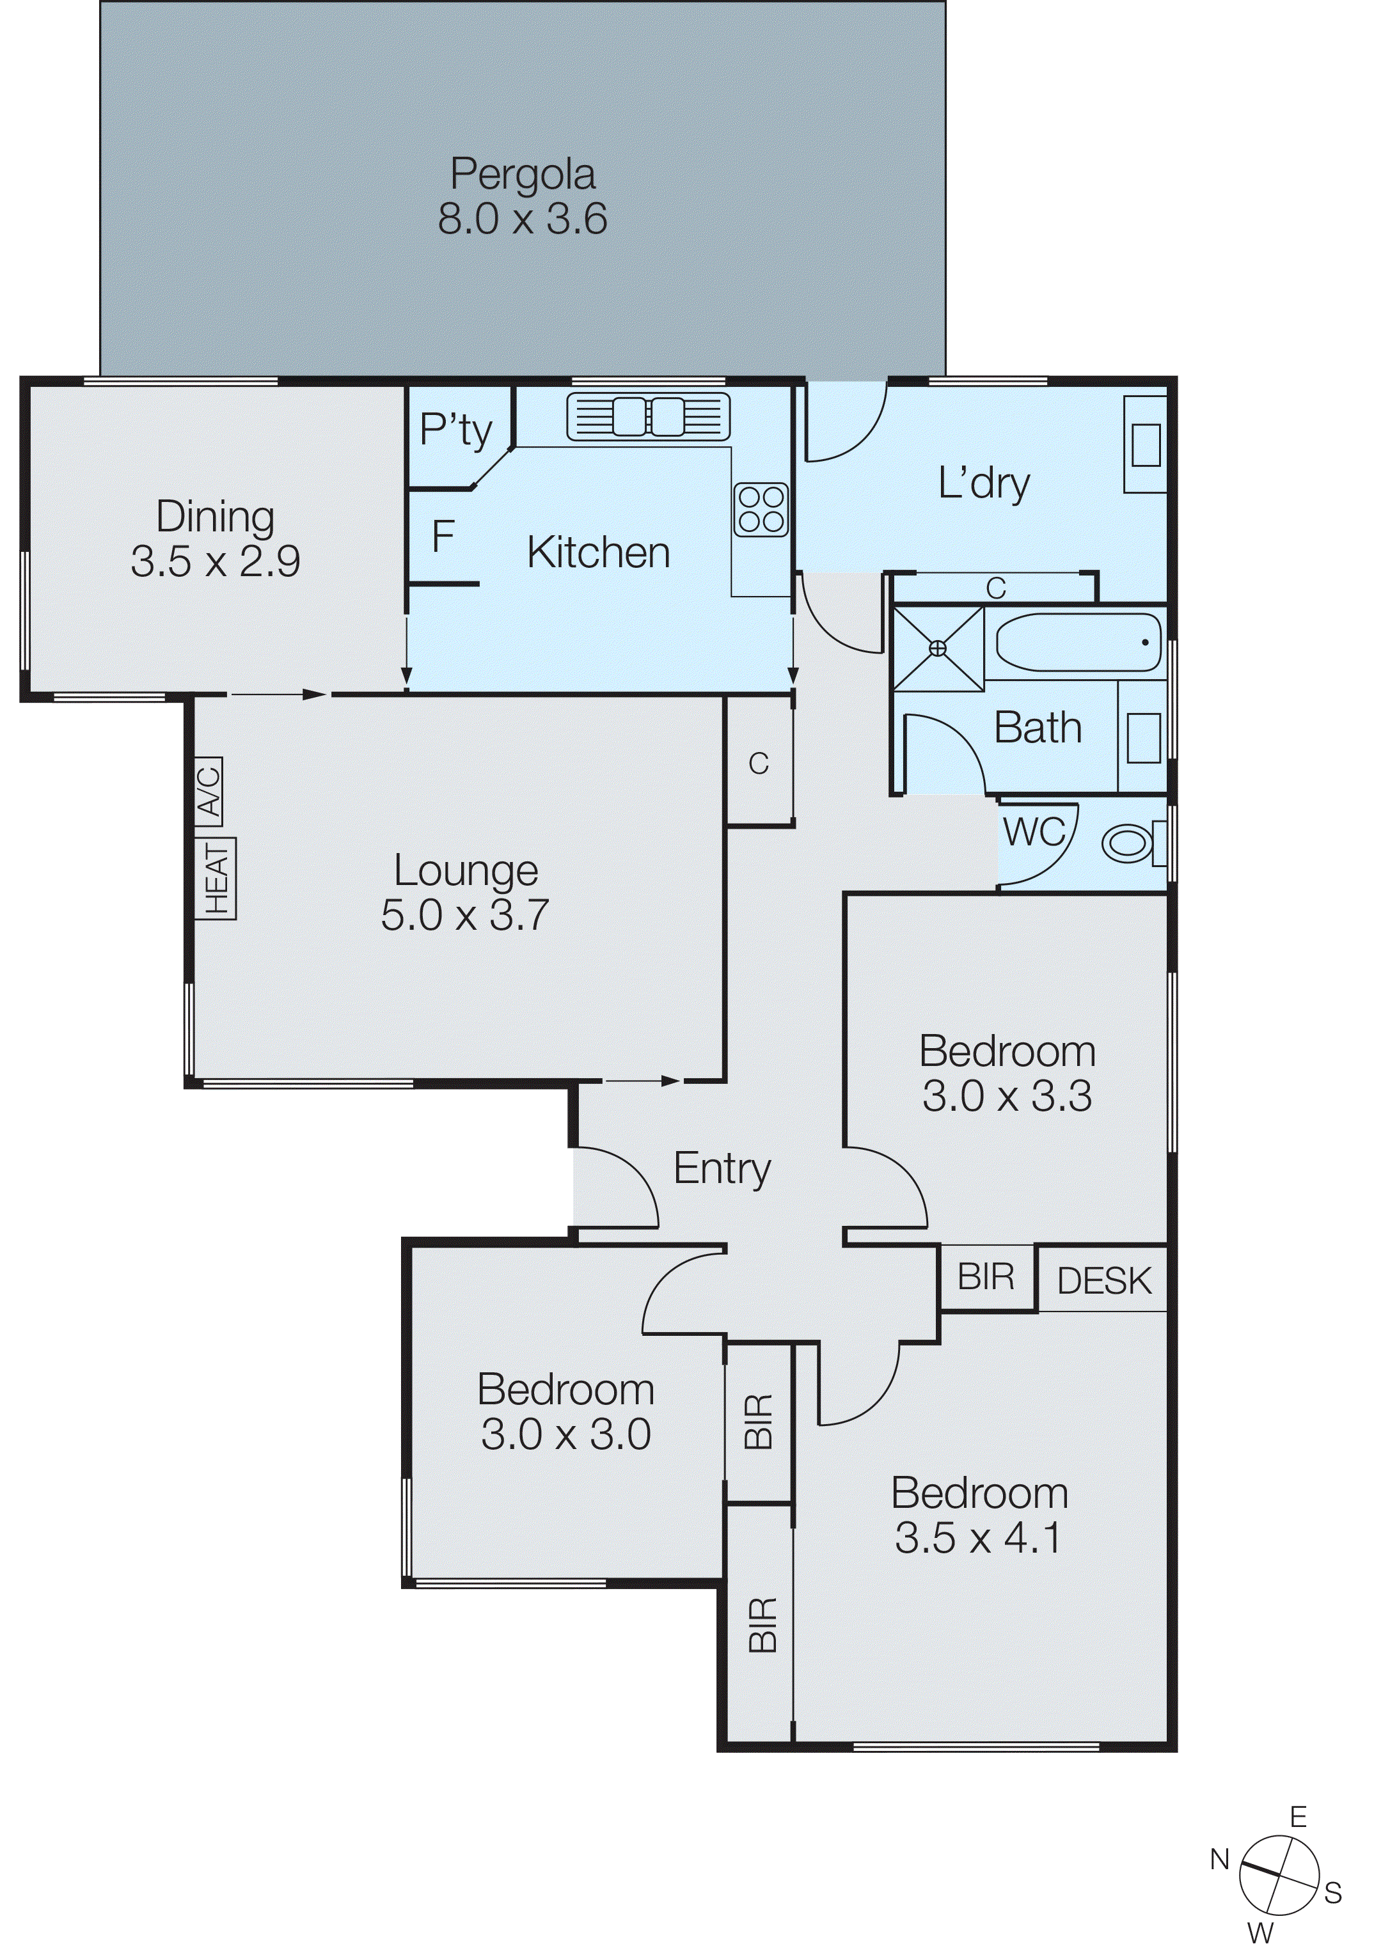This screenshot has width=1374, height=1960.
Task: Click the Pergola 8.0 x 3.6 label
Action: click(522, 196)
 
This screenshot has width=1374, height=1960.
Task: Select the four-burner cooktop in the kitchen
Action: click(761, 510)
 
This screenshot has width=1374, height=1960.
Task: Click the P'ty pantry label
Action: click(455, 430)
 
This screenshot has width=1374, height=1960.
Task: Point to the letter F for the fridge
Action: click(443, 538)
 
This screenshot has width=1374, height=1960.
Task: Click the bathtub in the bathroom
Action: click(1078, 642)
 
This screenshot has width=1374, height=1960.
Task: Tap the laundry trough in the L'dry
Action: click(1145, 444)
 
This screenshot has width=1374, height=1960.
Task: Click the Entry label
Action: click(722, 1168)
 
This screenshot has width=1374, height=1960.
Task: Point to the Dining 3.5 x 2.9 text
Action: click(215, 538)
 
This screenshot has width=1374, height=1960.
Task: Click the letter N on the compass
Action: click(1219, 1859)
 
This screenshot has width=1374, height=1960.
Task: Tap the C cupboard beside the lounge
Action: click(758, 762)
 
